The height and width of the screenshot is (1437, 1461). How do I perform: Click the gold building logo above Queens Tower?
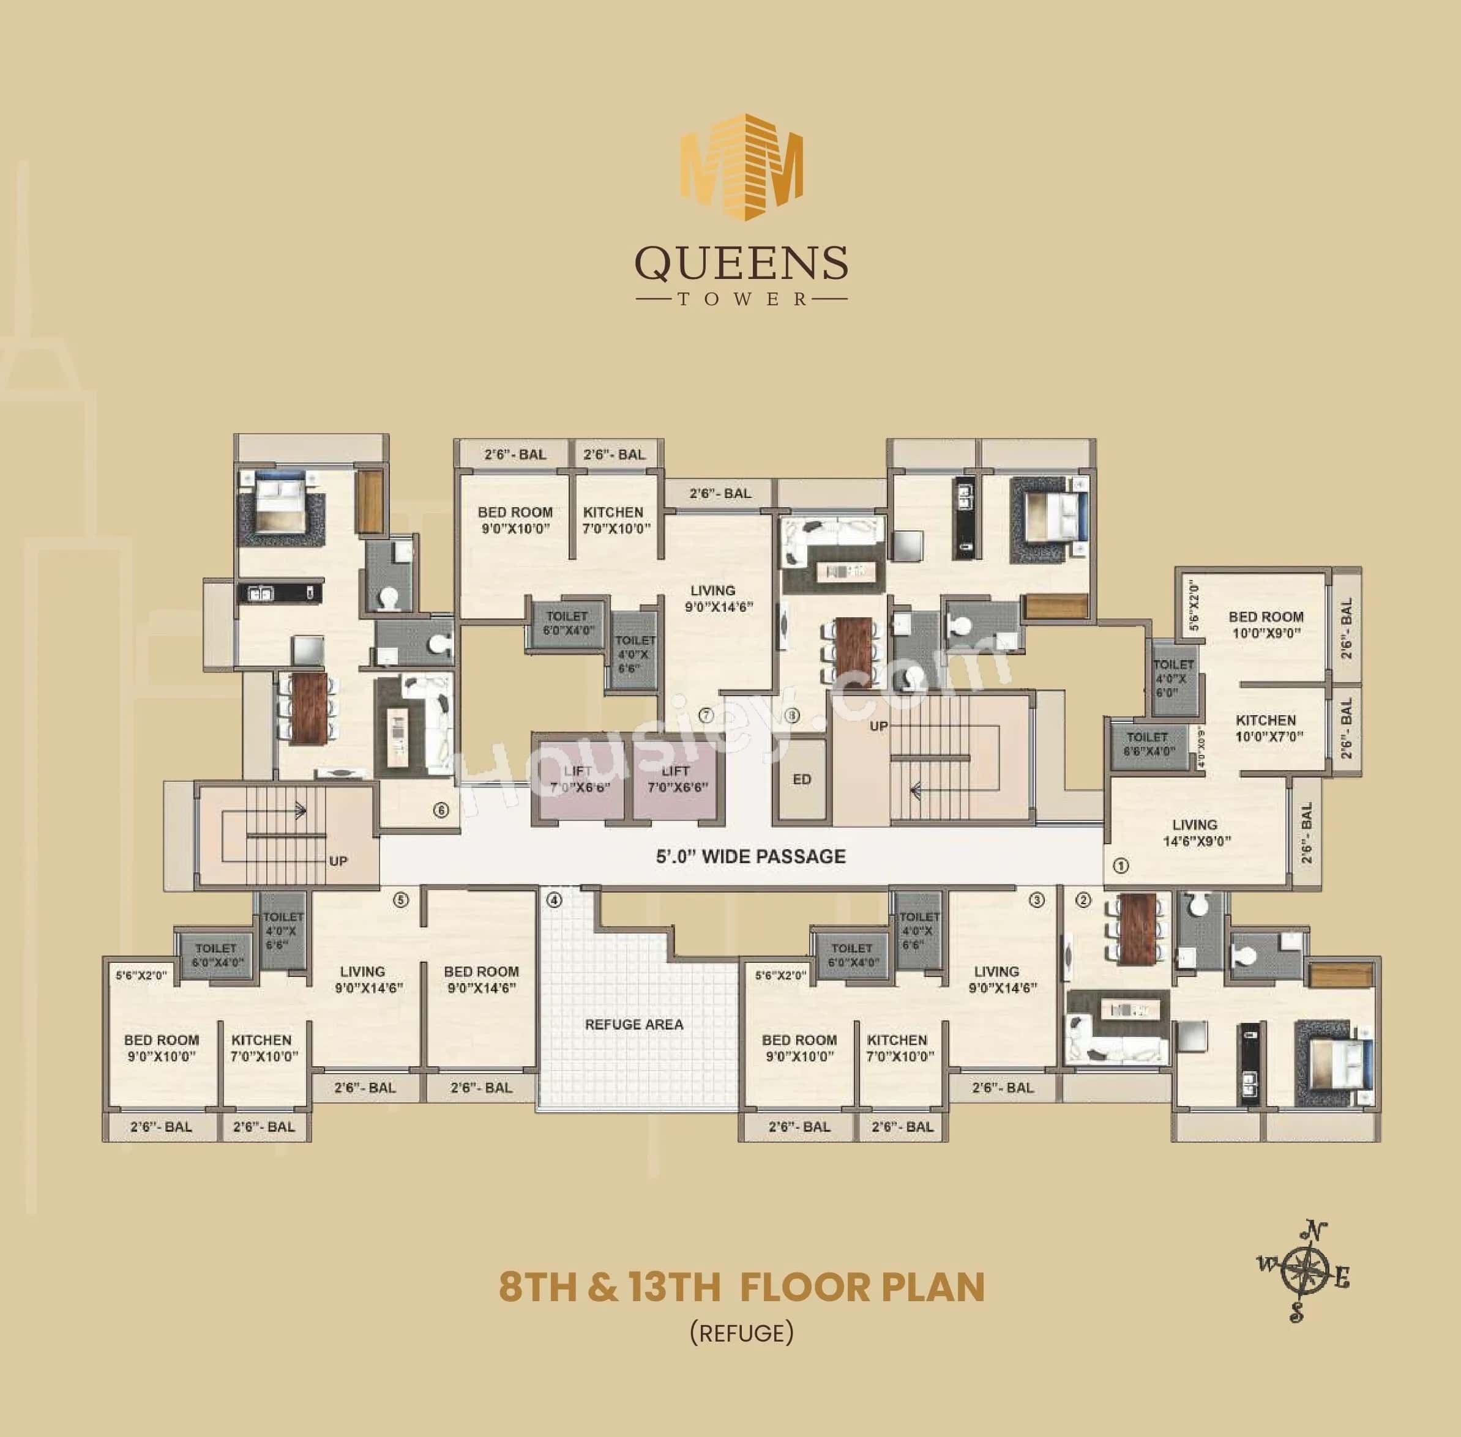pos(741,167)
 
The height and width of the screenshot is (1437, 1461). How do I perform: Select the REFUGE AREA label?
pos(633,1024)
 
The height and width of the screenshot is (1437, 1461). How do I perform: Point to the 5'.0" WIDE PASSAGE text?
pos(750,856)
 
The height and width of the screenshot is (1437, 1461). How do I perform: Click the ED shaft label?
pos(802,779)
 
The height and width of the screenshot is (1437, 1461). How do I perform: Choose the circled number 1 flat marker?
pos(1121,866)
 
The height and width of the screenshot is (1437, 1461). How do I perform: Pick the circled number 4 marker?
pos(555,900)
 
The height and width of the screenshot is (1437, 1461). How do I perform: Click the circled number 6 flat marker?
pos(441,811)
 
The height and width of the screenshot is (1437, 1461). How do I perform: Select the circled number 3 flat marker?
pos(1037,900)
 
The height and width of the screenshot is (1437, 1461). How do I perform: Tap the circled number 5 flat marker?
pos(401,900)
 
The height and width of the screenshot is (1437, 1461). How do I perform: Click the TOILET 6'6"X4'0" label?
pos(1147,744)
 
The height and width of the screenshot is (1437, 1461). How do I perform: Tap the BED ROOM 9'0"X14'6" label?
pos(481,979)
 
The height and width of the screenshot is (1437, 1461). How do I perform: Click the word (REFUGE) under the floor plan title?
pos(741,1332)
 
